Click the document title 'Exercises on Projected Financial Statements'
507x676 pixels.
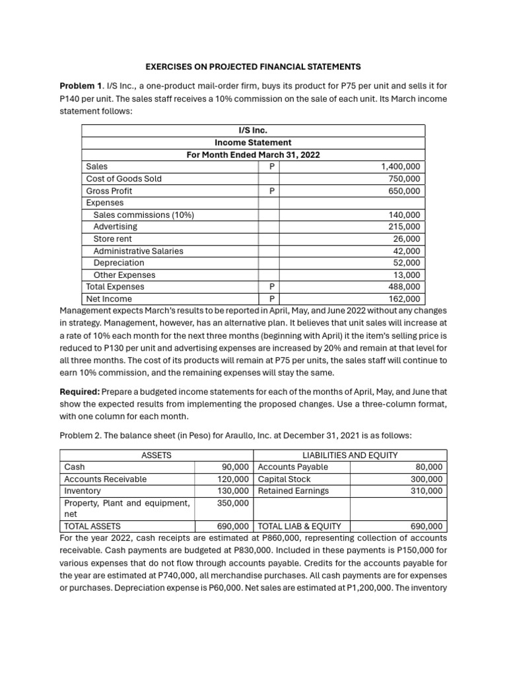(x=253, y=67)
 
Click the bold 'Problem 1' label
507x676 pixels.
(x=81, y=86)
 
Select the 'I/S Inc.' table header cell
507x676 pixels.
(x=253, y=130)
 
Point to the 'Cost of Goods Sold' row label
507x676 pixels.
(x=123, y=179)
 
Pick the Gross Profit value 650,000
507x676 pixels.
(x=406, y=191)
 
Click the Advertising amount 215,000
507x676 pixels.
(x=406, y=226)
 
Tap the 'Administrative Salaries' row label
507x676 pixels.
(x=138, y=251)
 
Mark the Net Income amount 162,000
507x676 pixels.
(x=406, y=299)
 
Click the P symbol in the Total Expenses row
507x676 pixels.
(x=272, y=287)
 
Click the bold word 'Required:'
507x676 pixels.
(x=80, y=391)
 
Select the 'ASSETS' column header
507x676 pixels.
(x=156, y=456)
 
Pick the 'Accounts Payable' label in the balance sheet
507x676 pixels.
(x=292, y=467)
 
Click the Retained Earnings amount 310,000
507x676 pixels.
(x=427, y=491)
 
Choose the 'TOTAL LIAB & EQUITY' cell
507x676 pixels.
(x=299, y=527)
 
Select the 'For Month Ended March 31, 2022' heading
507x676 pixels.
(x=253, y=154)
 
